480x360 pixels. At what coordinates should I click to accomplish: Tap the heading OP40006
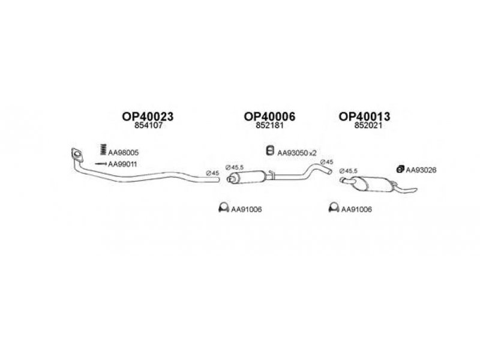click(x=269, y=116)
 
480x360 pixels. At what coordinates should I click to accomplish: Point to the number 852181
click(x=269, y=127)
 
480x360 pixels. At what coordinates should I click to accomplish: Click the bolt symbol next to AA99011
click(x=100, y=164)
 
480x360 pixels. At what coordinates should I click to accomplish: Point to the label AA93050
click(x=292, y=153)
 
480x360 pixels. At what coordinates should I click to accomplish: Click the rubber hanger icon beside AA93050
click(x=270, y=151)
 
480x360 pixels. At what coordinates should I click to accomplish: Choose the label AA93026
click(x=421, y=170)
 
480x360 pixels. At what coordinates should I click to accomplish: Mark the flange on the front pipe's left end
click(x=76, y=154)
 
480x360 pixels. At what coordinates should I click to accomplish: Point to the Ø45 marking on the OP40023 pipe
click(x=212, y=173)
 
